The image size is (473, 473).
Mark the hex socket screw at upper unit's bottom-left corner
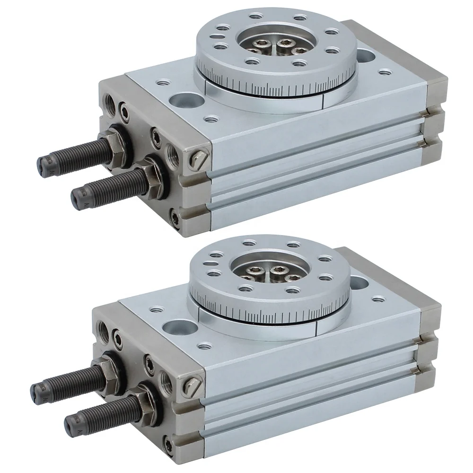[x=177, y=219]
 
